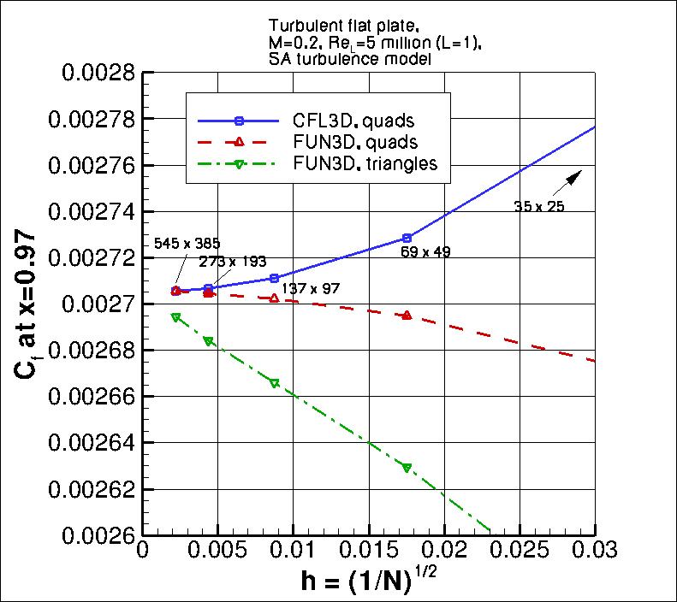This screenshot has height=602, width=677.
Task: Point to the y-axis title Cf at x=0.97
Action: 27,304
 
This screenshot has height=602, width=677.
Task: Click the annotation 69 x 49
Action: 427,252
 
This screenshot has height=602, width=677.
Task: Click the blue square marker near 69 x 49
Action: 407,238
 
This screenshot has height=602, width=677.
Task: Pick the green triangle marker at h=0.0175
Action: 407,467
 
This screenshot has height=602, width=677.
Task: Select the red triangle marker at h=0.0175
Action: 407,316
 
